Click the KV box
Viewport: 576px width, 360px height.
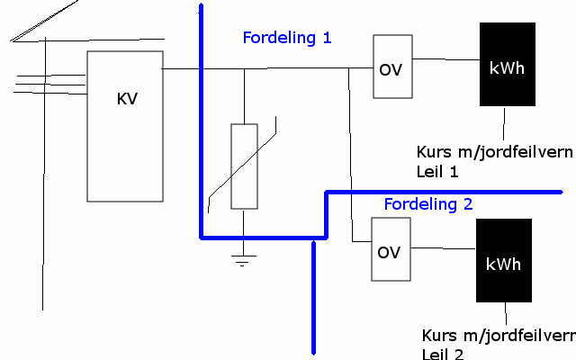point(125,126)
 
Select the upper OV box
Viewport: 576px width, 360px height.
point(392,67)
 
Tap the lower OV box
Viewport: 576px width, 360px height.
point(390,249)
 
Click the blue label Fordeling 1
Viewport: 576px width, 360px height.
point(287,38)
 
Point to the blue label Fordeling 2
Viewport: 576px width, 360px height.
point(427,204)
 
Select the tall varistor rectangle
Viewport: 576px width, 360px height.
point(244,166)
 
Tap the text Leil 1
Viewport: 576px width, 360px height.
point(437,171)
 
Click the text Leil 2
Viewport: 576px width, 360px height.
point(443,354)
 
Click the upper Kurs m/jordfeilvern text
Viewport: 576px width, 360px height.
point(494,151)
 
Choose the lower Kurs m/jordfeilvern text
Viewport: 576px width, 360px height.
point(498,336)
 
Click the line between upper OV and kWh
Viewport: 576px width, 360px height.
point(445,60)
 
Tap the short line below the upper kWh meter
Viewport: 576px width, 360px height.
point(505,121)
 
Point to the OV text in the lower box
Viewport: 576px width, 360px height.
point(389,252)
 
